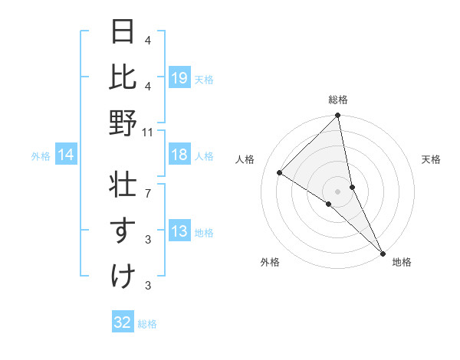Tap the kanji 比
[123, 77]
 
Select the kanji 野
[123, 124]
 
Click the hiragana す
[123, 231]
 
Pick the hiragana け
[123, 277]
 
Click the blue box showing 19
[179, 77]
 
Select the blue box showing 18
[179, 155]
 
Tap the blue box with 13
[179, 232]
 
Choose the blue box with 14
[66, 155]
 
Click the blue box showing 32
[123, 322]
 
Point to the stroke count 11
[147, 133]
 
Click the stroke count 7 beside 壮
[147, 185]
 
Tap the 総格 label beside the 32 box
[147, 324]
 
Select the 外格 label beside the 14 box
[41, 156]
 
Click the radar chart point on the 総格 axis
[338, 116]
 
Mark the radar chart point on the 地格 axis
[383, 252]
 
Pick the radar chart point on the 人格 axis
[280, 173]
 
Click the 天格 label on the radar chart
[431, 159]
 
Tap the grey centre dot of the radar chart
[338, 191]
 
